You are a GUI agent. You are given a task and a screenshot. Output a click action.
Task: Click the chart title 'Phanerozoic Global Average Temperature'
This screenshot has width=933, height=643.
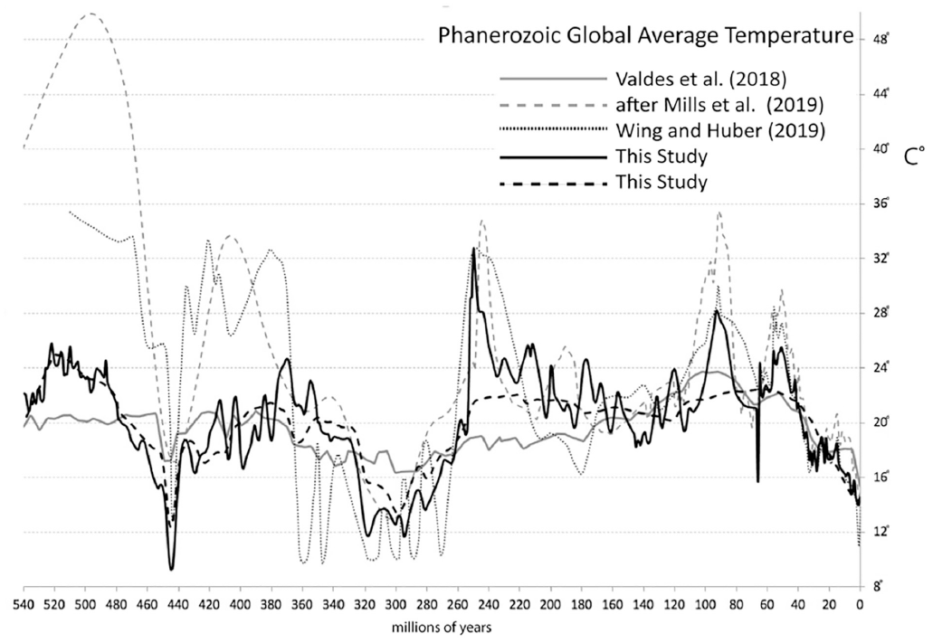645,37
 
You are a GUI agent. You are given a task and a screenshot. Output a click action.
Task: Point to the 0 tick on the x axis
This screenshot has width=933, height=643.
859,600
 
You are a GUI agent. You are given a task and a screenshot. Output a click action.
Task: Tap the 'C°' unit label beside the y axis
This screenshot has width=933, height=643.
913,156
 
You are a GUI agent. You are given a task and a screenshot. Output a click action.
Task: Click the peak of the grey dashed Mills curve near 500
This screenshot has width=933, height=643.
90,14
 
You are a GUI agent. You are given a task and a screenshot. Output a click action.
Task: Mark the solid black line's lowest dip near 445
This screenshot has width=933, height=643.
171,569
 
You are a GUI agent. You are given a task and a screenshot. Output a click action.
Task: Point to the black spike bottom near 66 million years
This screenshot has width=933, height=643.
757,481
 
